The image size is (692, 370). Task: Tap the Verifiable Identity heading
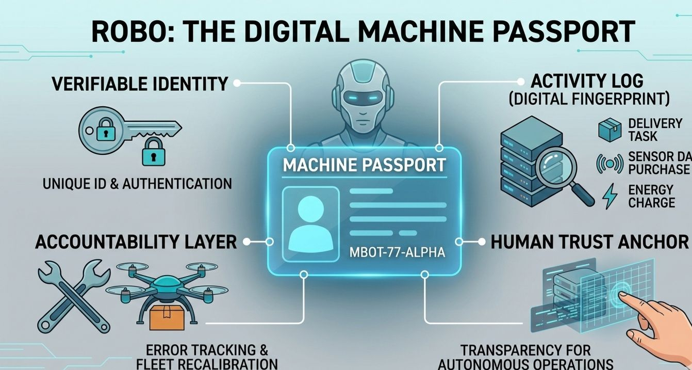pos(139,83)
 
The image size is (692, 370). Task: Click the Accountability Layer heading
pos(136,242)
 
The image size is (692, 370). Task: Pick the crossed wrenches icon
pos(74,294)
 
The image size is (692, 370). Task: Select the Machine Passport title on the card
pos(364,165)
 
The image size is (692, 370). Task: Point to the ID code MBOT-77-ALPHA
pos(397,253)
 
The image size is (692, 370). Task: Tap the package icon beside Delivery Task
pos(609,129)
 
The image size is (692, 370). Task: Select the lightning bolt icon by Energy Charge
pos(609,196)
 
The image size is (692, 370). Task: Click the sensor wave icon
pos(609,163)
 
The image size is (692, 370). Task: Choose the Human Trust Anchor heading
pos(589,242)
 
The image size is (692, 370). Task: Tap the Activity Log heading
pos(587,81)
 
